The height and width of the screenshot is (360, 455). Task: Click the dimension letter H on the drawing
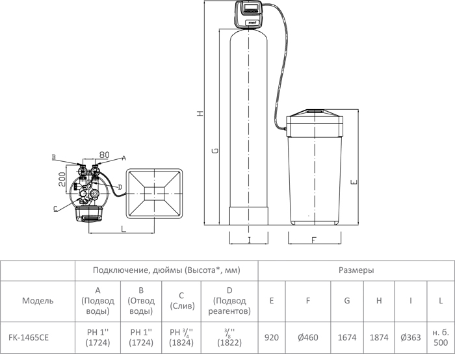point(200,113)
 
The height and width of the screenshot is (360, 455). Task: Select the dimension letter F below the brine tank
point(313,240)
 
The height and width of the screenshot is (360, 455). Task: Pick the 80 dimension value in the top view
point(104,155)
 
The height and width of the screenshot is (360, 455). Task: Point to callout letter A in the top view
point(123,158)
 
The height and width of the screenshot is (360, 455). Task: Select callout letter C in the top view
point(55,209)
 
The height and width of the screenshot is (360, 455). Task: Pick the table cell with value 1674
point(347,338)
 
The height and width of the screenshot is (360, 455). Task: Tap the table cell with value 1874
point(380,338)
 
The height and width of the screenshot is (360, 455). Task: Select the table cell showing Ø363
point(411,338)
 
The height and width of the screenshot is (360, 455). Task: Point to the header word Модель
point(38,301)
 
